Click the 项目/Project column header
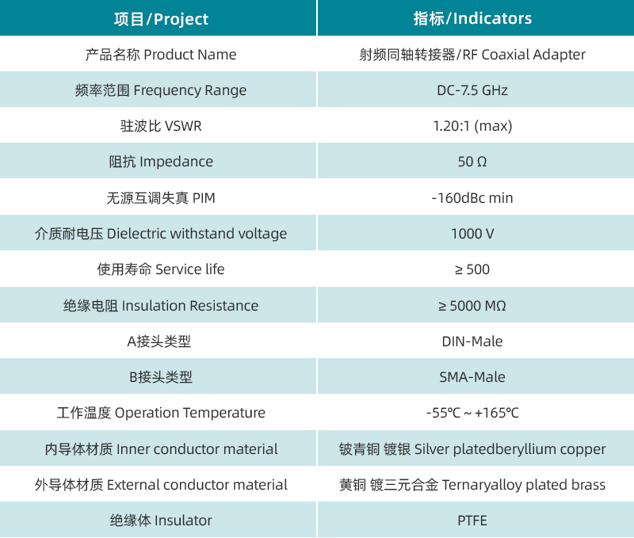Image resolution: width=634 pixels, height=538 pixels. coord(161,18)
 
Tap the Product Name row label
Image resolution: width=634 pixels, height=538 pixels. coord(161,55)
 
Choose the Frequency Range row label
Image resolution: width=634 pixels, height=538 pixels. coord(161,90)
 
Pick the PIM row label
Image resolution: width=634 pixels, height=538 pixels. coord(161,198)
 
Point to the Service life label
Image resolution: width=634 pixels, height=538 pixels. coord(161,269)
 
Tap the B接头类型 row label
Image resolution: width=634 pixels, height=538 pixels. coord(161,377)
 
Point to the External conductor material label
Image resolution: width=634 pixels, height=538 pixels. coord(161,485)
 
